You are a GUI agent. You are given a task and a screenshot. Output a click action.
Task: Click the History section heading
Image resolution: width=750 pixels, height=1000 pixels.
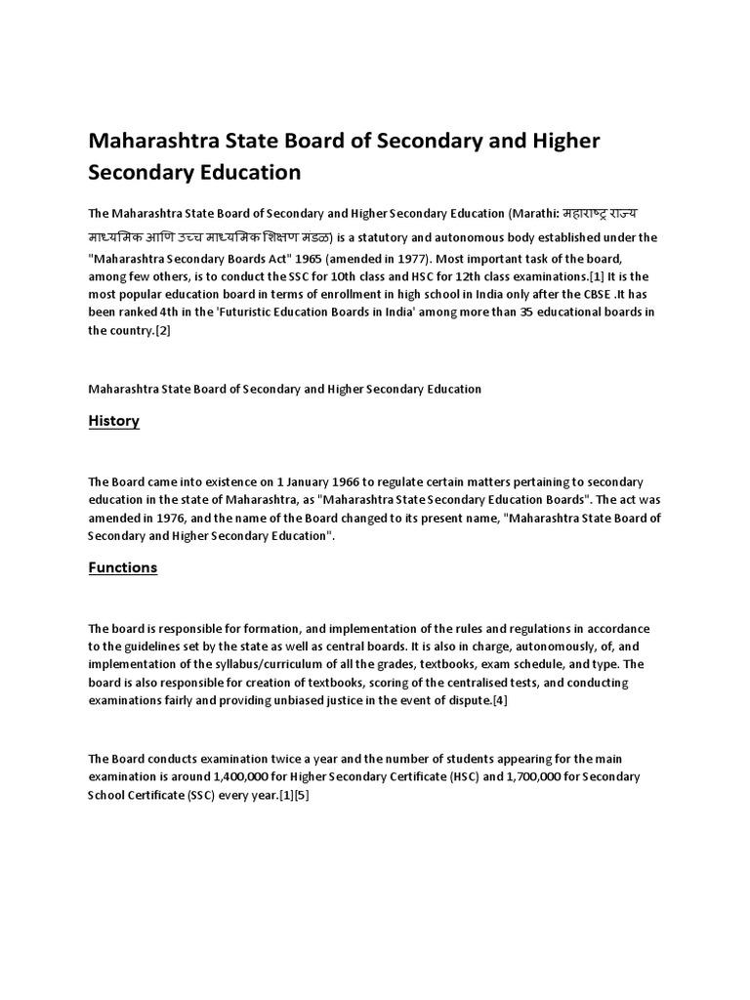113,421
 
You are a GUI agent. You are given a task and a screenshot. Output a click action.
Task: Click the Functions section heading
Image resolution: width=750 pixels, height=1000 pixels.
122,567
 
